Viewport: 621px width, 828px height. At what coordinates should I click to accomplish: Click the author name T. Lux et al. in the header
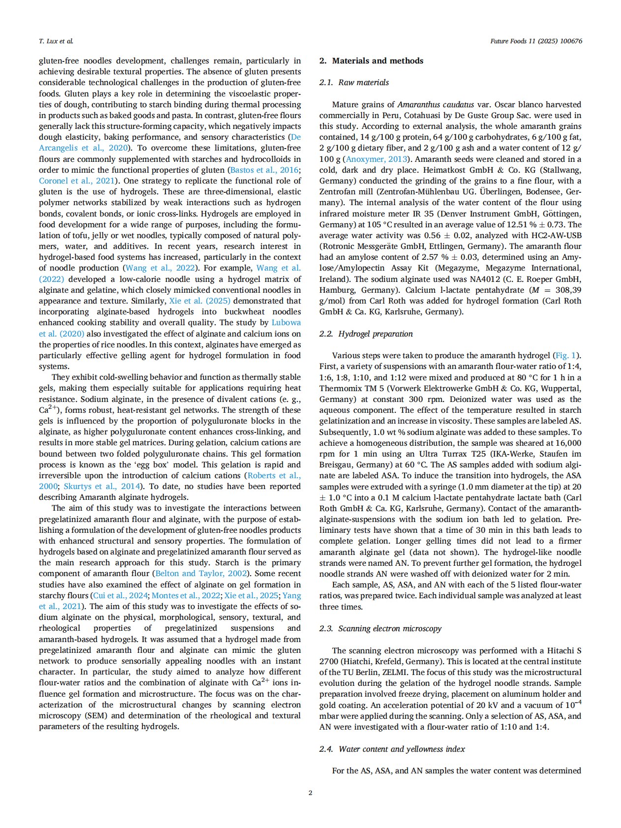click(56, 41)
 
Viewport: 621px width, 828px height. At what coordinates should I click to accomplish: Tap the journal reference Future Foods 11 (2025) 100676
click(536, 41)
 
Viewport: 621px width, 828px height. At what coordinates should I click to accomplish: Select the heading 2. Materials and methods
click(371, 61)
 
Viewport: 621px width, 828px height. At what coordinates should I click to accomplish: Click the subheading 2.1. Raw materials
click(354, 83)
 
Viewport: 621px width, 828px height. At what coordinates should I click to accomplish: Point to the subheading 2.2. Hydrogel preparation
click(366, 334)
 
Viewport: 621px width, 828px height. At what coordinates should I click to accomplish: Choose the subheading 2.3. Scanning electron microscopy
click(380, 629)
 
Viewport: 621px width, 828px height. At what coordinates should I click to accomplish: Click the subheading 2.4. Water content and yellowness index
click(392, 749)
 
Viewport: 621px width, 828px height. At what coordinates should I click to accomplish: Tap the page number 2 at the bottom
click(310, 793)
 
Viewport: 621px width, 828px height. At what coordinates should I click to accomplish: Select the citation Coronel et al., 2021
click(77, 181)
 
